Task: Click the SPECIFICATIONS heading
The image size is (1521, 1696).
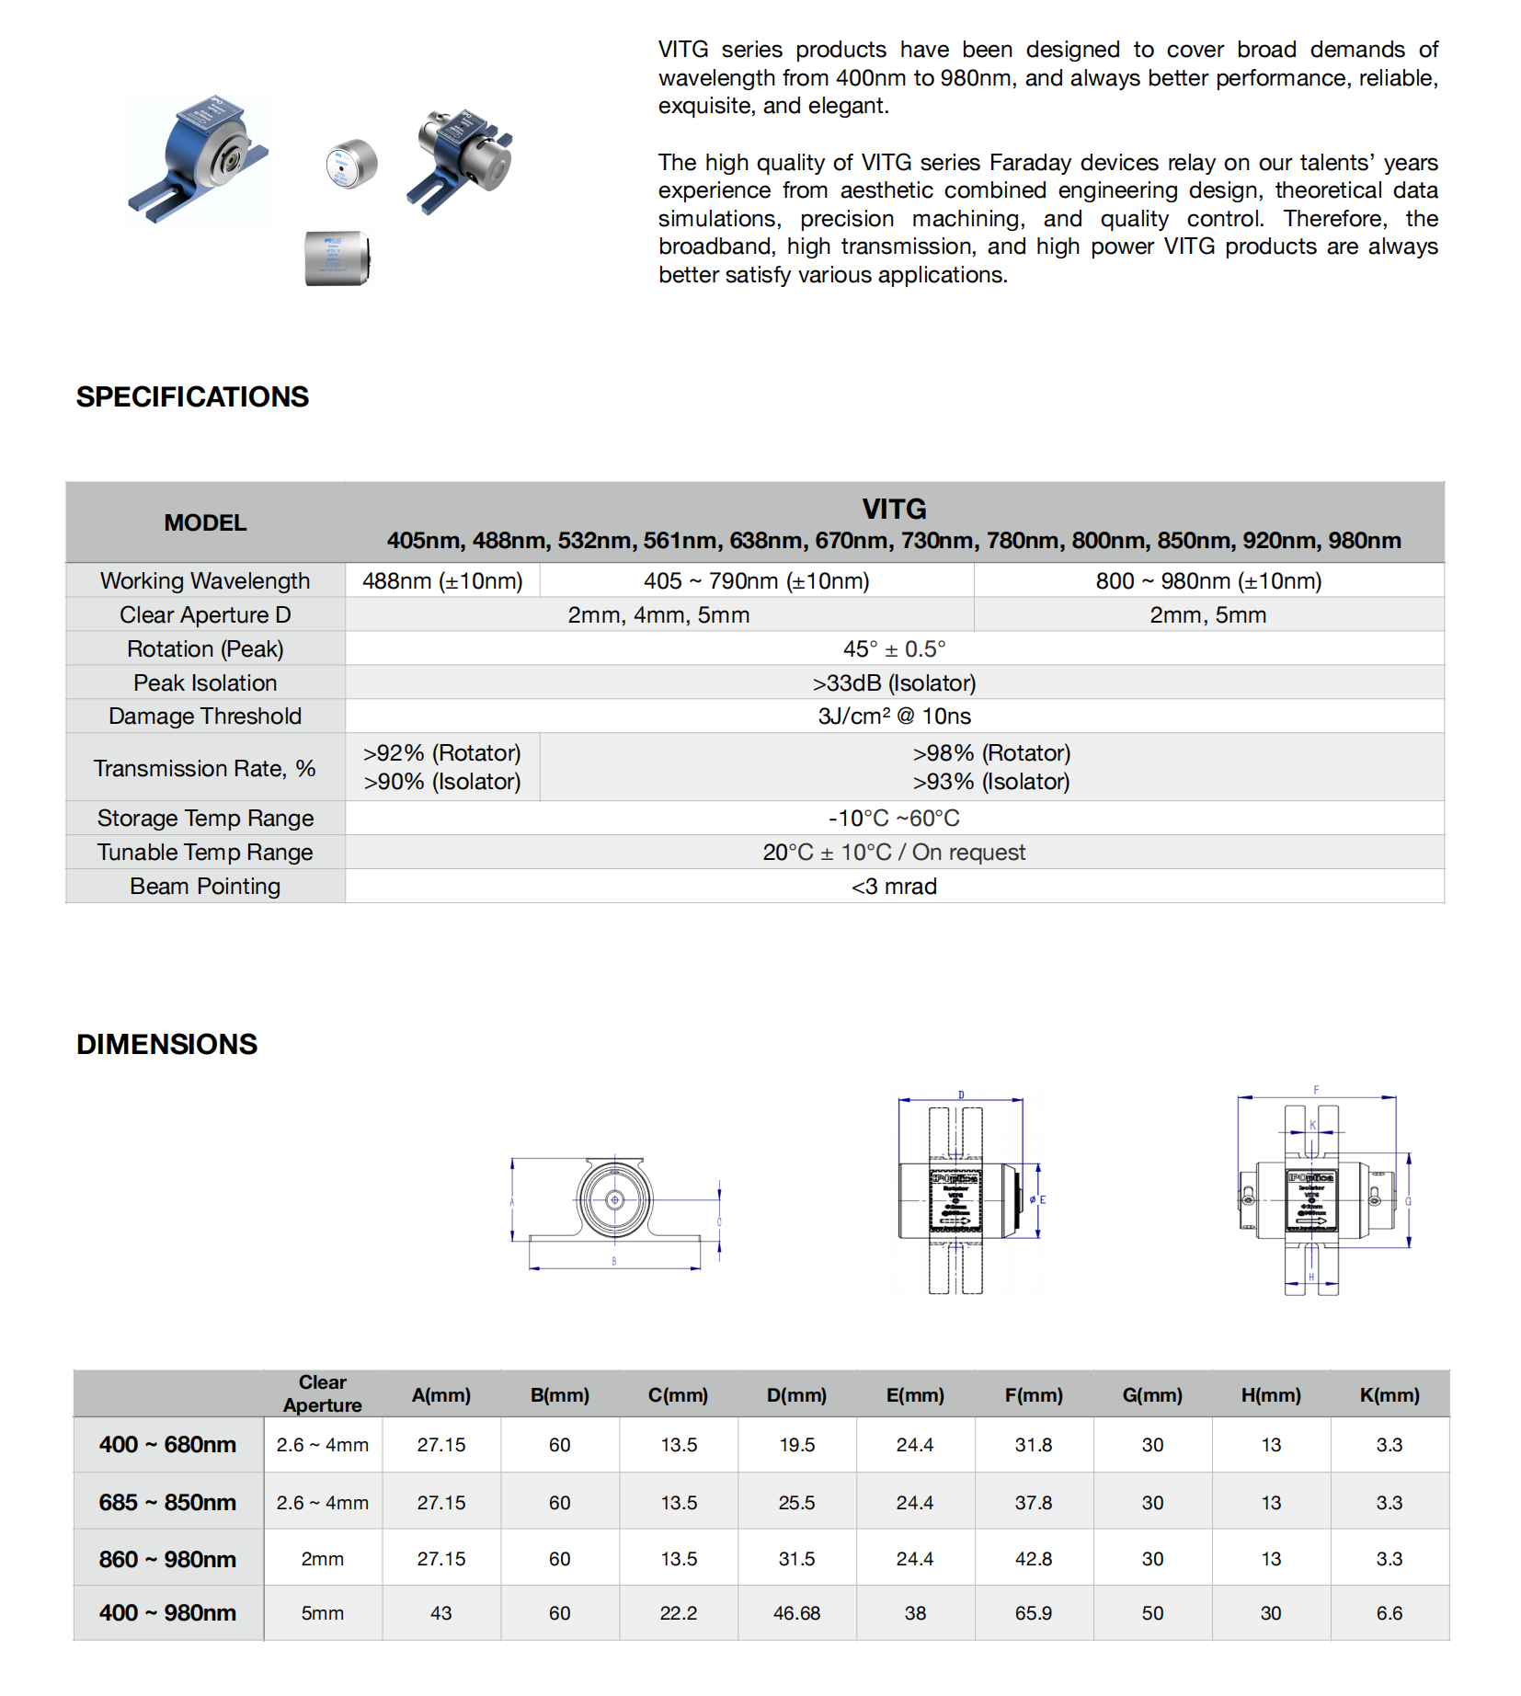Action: click(x=192, y=396)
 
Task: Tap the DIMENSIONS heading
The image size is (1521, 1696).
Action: click(x=166, y=1044)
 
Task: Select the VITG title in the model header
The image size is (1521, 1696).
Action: click(x=894, y=509)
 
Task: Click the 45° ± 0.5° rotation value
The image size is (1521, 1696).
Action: click(x=894, y=648)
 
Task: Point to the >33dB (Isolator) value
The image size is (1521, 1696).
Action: click(x=894, y=682)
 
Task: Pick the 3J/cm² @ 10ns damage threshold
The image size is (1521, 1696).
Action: click(x=894, y=716)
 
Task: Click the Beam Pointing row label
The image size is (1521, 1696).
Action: click(x=205, y=886)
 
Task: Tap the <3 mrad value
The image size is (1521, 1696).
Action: click(x=894, y=886)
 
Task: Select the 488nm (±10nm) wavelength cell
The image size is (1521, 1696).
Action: click(x=442, y=580)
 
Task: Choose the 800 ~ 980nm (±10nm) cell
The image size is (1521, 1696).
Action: click(x=1208, y=580)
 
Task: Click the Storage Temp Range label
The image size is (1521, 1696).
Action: click(x=205, y=818)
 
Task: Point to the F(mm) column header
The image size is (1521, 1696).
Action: click(x=1034, y=1394)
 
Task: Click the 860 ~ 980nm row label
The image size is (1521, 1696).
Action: click(x=167, y=1559)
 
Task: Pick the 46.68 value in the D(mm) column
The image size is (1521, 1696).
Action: click(x=796, y=1613)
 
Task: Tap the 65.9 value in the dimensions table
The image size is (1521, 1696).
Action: click(x=1034, y=1613)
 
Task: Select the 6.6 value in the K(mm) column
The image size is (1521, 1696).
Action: click(x=1389, y=1613)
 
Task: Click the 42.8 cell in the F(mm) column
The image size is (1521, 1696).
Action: click(x=1034, y=1559)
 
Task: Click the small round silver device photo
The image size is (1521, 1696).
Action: click(x=351, y=164)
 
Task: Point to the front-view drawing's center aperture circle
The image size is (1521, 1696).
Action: click(x=615, y=1199)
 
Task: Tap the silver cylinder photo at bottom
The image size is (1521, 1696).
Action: click(x=337, y=258)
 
